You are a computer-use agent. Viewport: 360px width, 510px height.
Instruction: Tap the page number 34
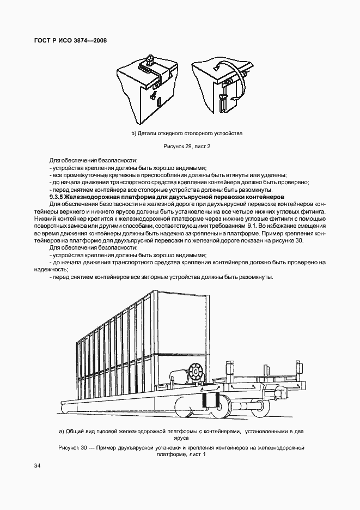click(37, 465)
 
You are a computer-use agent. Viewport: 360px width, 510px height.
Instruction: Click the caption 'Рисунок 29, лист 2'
click(187, 147)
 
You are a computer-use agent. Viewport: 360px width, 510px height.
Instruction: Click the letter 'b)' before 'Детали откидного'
click(133, 133)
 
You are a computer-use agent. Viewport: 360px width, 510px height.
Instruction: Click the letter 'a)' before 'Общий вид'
click(62, 431)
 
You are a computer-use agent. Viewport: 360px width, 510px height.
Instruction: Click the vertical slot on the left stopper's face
click(156, 99)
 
